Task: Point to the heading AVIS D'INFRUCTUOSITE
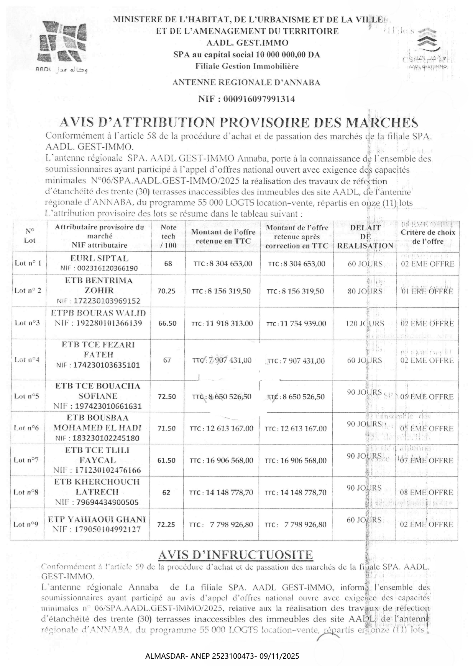pos(236,555)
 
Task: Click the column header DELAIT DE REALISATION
pos(365,237)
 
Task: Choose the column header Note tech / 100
pos(168,237)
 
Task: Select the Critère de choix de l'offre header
pos(428,237)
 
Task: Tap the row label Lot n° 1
pos(28,263)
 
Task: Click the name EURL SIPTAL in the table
pos(99,258)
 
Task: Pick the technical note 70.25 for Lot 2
pos(166,291)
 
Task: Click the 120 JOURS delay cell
pos(365,323)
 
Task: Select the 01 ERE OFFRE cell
pos(427,291)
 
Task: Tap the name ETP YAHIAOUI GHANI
pos(97,519)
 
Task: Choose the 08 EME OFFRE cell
pos(427,492)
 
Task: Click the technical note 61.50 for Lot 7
pos(167,460)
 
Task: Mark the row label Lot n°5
pos(27,396)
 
